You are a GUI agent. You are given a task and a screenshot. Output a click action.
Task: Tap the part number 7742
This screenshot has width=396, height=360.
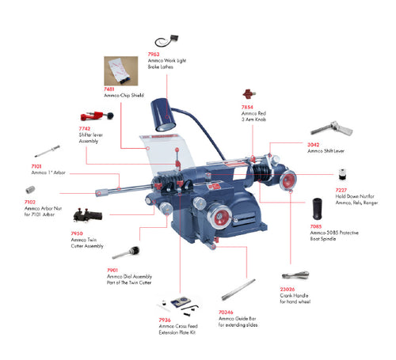tap(86, 127)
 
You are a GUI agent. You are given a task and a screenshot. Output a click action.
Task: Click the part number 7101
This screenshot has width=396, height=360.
tap(36, 167)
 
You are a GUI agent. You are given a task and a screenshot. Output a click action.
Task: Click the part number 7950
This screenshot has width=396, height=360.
tap(77, 233)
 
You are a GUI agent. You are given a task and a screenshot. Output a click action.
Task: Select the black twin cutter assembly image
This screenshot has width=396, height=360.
tap(86, 216)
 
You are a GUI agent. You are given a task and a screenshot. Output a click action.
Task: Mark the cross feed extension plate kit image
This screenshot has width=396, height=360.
tap(181, 305)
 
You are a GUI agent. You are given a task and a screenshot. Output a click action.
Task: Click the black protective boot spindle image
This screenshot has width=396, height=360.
tap(318, 209)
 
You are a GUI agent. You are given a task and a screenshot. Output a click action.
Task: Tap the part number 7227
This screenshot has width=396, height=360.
tap(340, 190)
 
